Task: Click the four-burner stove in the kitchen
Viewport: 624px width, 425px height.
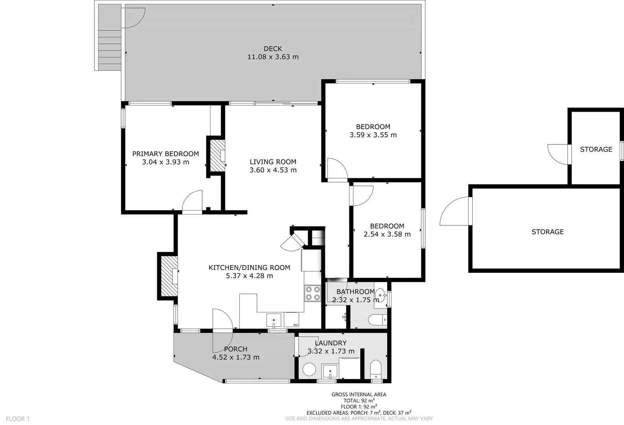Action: (x=312, y=293)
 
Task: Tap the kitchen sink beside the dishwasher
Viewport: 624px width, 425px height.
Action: (x=274, y=320)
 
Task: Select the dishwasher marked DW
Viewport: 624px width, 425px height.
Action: (x=292, y=320)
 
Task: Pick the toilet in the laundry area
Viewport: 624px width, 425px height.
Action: (x=376, y=369)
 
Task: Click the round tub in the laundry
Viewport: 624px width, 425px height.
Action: (x=310, y=370)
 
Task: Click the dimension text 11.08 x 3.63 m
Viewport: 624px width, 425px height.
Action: (x=273, y=57)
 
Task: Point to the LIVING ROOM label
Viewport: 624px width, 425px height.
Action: (x=273, y=162)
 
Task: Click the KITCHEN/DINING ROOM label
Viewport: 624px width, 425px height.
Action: (x=249, y=268)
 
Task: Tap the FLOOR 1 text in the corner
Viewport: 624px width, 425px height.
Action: (x=18, y=419)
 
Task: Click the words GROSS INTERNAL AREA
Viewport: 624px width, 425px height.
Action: (x=358, y=394)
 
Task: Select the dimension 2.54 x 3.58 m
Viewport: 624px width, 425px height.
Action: (x=387, y=235)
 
